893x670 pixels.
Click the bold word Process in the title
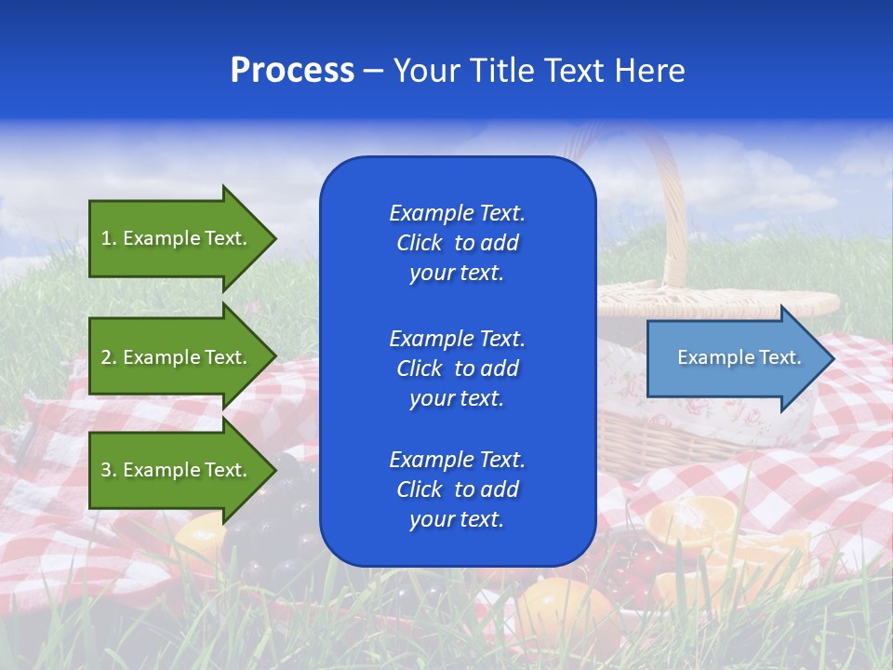292,71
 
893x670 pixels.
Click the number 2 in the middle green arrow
107,357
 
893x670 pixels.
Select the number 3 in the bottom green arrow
107,470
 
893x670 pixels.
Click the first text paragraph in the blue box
457,243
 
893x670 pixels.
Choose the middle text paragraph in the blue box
457,368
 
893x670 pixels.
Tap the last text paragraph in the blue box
457,489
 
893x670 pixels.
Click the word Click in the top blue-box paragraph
420,243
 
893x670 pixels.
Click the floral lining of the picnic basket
735,419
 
